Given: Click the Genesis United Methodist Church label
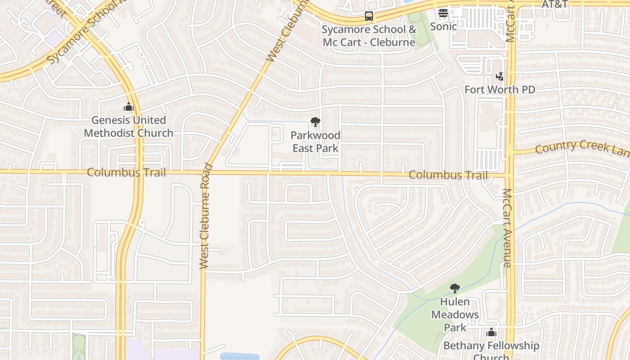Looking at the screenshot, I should (x=128, y=126).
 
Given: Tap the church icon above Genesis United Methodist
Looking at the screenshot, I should (x=129, y=107).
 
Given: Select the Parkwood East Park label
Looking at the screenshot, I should (x=315, y=141).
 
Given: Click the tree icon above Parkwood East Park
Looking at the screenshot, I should (x=315, y=121).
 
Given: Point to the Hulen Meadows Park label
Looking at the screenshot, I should (x=455, y=314).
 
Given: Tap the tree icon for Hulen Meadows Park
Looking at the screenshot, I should (x=455, y=288).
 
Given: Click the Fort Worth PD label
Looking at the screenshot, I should (x=499, y=90).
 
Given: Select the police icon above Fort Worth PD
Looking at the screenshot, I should (x=499, y=76).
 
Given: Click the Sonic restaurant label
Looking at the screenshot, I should (x=443, y=26).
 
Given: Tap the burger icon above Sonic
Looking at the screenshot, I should (x=443, y=13).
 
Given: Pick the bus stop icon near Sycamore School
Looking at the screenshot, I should (x=369, y=16).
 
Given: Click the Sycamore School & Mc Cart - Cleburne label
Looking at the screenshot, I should (x=369, y=36).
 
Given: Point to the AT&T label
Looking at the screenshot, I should (x=554, y=4).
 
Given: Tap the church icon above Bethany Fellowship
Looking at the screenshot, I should (x=491, y=333).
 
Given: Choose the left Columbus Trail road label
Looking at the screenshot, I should (x=126, y=172).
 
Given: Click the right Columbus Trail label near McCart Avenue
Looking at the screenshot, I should (x=449, y=175).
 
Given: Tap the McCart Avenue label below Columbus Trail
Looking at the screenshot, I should (x=507, y=227).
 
